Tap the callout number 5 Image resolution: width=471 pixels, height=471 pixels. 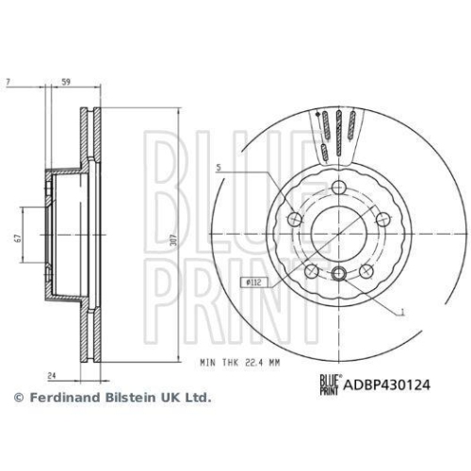point(219,170)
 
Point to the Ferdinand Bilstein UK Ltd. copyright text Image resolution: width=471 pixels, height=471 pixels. point(111,398)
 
